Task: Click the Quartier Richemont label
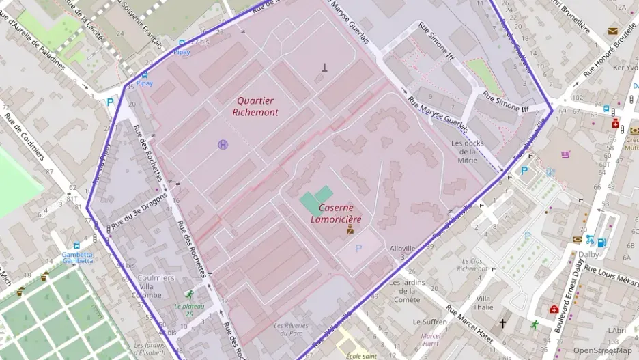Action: (x=255, y=106)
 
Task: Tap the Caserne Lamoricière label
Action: (x=335, y=214)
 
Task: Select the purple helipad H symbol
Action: (x=223, y=144)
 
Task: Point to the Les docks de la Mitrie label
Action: (x=468, y=152)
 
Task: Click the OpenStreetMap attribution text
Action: (x=602, y=350)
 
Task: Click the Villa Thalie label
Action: (x=483, y=303)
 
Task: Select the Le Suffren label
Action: (x=429, y=321)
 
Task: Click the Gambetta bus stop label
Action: (x=77, y=258)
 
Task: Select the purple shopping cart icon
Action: (x=565, y=154)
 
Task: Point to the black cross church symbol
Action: (x=503, y=323)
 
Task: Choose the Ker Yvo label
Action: (x=624, y=68)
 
